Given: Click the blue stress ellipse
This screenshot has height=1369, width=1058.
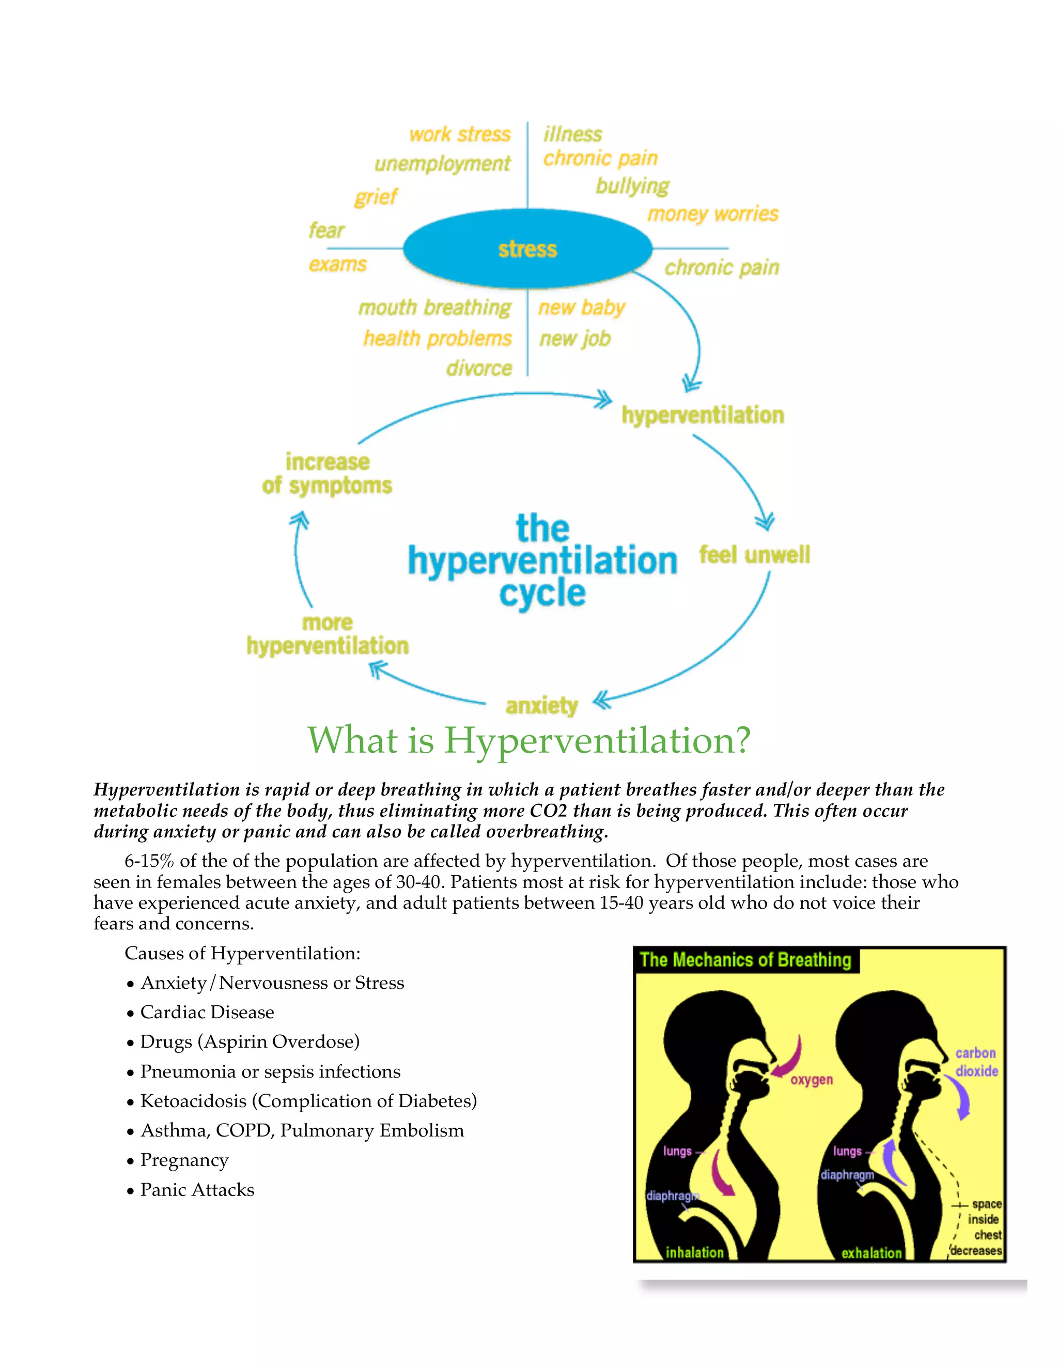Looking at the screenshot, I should tap(527, 249).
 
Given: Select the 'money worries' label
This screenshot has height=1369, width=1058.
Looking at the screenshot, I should tap(712, 214).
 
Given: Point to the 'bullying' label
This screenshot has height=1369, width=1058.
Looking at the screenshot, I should tap(632, 185).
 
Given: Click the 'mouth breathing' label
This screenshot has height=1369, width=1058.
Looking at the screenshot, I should tap(434, 307).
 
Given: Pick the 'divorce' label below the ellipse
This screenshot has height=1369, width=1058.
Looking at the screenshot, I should tap(479, 368).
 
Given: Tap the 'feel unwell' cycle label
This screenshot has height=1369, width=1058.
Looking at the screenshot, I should tap(754, 555).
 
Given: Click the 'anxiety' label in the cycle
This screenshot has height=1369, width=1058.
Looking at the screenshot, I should tap(541, 706).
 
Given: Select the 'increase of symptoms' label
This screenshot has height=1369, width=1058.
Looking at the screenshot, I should tap(327, 474).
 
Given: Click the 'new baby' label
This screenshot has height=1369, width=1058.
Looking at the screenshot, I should tap(582, 307).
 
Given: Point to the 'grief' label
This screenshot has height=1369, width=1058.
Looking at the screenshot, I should tap(376, 197).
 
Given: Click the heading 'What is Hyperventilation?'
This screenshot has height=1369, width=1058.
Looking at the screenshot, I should tap(528, 740).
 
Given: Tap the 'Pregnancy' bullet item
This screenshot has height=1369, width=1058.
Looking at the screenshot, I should tap(184, 1160).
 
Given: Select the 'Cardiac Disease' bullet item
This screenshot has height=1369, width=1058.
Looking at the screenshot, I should tap(207, 1013).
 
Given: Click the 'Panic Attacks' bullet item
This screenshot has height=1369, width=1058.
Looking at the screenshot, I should tap(197, 1190).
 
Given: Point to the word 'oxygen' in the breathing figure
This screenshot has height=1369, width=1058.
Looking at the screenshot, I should tap(812, 1079).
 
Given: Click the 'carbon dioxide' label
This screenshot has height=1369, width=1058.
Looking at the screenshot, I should tap(976, 1062).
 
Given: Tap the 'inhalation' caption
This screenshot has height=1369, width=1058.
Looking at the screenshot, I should tap(694, 1252).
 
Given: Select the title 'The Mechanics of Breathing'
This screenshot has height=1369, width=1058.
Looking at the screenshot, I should tap(745, 960).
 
